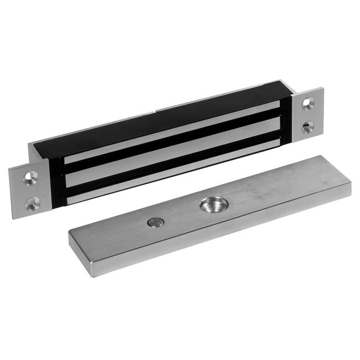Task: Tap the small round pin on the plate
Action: [x=156, y=223]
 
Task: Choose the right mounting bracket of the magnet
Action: [x=311, y=114]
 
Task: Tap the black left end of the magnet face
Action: [x=55, y=177]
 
